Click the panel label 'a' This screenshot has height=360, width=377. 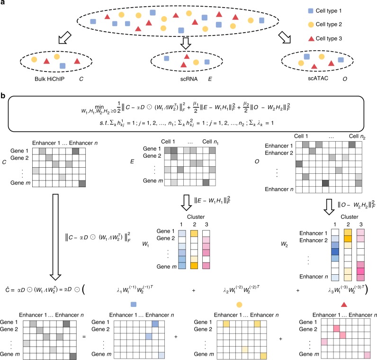tap(4, 4)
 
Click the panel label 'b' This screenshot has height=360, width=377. tap(4, 97)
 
